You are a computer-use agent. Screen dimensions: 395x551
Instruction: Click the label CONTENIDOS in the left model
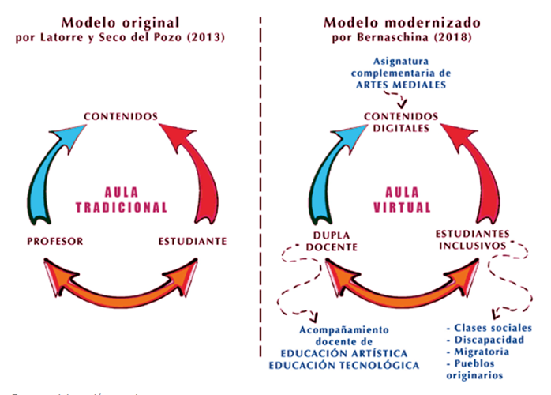point(121,117)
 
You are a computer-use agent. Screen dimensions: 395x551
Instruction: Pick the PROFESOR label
point(55,240)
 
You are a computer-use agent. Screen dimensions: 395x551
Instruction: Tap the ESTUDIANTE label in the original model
point(193,240)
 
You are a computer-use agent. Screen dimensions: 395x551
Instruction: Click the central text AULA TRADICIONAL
point(121,199)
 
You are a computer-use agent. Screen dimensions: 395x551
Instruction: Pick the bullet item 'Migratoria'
point(475,352)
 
